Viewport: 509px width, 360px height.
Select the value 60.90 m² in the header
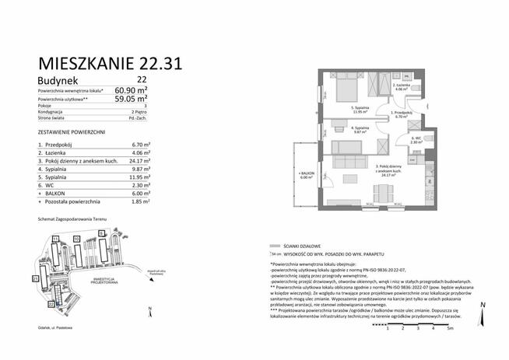point(132,89)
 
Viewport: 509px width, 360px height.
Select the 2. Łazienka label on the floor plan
point(402,86)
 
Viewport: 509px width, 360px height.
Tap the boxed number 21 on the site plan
point(36,278)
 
